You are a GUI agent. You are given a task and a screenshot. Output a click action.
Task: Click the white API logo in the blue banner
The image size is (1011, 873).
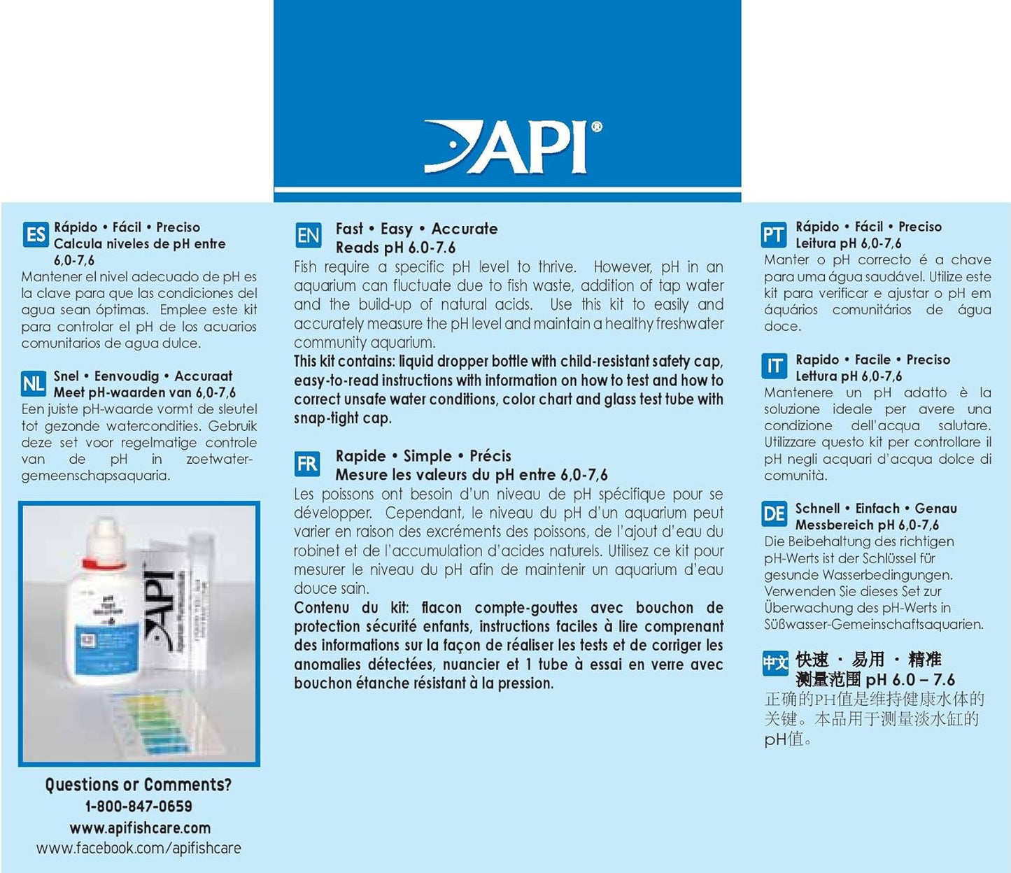(x=513, y=147)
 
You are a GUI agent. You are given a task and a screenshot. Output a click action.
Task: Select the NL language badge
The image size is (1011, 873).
(x=34, y=383)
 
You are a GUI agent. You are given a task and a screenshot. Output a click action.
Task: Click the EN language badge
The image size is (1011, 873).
(x=308, y=236)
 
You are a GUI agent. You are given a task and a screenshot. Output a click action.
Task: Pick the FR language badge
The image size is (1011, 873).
(x=307, y=464)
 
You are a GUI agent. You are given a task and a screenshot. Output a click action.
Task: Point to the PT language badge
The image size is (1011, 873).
(x=773, y=235)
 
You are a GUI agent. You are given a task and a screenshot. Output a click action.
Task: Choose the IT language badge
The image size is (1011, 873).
(x=774, y=366)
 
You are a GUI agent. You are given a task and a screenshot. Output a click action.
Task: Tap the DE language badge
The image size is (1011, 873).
(x=773, y=515)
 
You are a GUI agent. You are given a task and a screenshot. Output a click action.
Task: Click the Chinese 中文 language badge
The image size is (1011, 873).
(x=775, y=662)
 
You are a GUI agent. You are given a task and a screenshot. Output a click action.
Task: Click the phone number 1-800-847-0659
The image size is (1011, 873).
(x=139, y=807)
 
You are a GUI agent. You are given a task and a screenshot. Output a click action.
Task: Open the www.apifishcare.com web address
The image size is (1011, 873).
(x=139, y=828)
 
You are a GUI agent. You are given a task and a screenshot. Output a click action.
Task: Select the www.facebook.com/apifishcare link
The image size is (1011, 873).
(x=139, y=849)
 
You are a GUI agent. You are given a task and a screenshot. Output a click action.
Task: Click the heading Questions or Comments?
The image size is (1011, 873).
(x=139, y=785)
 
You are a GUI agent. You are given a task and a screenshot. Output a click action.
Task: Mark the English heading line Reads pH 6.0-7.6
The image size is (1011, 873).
(x=395, y=248)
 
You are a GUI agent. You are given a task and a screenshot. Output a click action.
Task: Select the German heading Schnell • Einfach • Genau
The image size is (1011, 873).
(x=876, y=509)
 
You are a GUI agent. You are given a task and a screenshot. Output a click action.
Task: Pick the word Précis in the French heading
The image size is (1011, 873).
(x=490, y=456)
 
